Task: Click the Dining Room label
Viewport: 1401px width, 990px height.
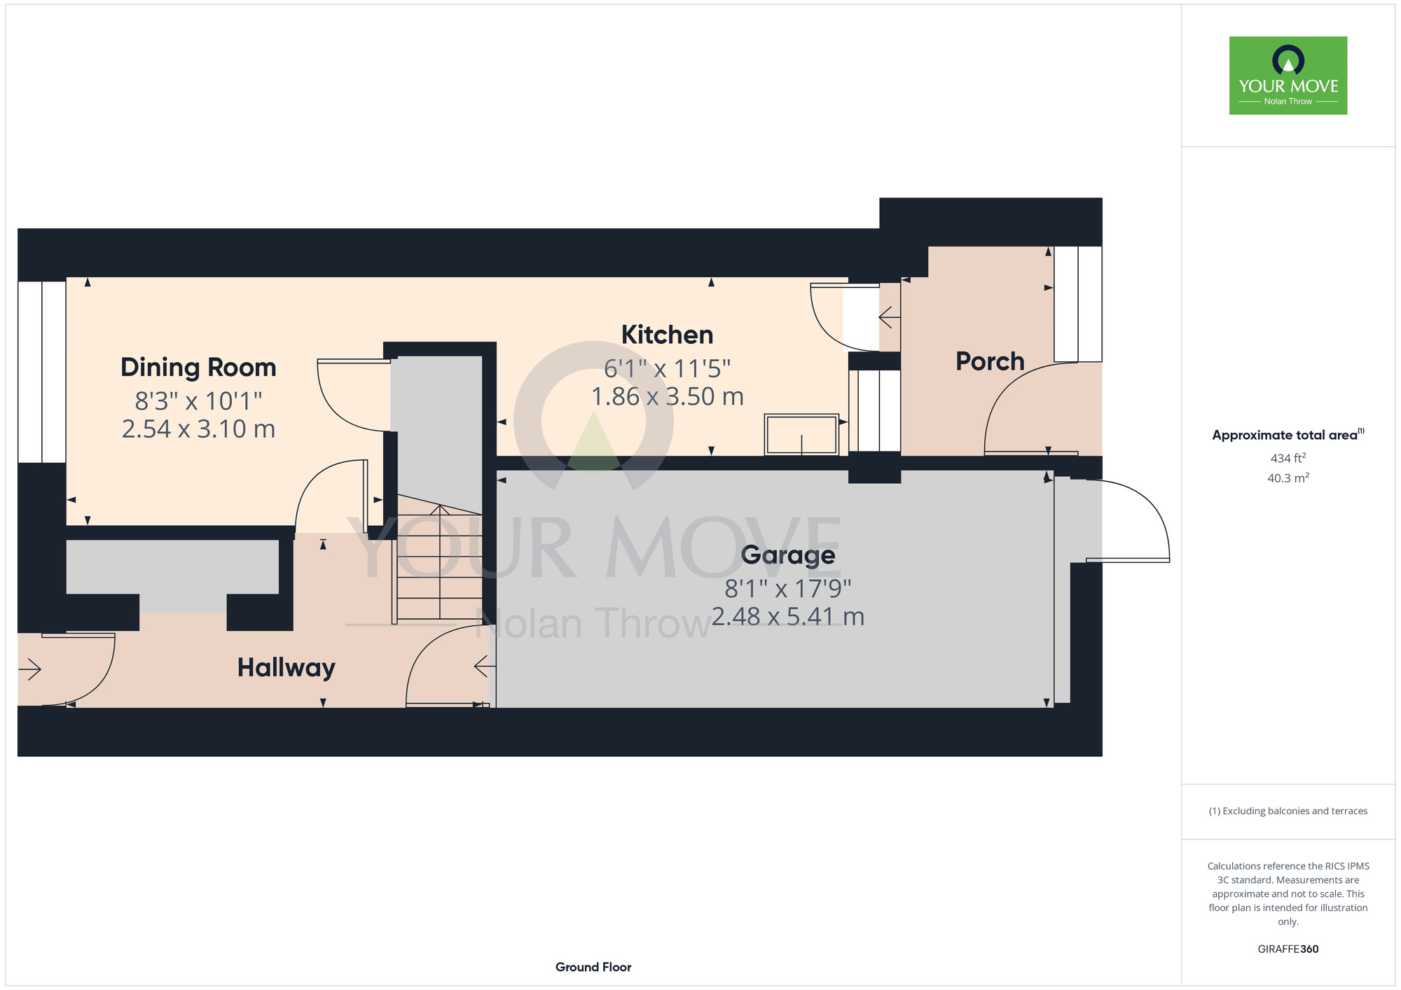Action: [198, 368]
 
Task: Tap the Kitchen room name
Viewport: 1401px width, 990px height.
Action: [667, 335]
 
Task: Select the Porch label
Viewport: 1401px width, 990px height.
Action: [990, 361]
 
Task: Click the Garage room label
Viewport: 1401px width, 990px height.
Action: [788, 555]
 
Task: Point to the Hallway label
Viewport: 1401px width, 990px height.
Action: [286, 668]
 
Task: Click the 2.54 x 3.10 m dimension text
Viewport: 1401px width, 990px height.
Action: [198, 428]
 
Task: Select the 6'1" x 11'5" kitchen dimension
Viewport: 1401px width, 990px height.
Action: [667, 368]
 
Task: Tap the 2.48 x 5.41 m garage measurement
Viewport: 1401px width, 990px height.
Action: [788, 616]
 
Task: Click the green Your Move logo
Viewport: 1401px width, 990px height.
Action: [1288, 76]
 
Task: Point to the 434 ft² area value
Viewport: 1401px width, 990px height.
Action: [1288, 458]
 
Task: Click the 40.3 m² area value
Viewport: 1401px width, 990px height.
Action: [1288, 478]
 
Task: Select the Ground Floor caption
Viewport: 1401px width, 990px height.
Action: [593, 967]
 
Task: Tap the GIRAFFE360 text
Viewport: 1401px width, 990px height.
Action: [1288, 949]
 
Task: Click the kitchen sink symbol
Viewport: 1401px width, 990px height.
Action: [801, 435]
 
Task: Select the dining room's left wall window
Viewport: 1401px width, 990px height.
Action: [42, 372]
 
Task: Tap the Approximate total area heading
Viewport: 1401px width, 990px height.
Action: [1288, 435]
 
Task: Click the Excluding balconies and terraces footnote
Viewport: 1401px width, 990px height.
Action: [1288, 811]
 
